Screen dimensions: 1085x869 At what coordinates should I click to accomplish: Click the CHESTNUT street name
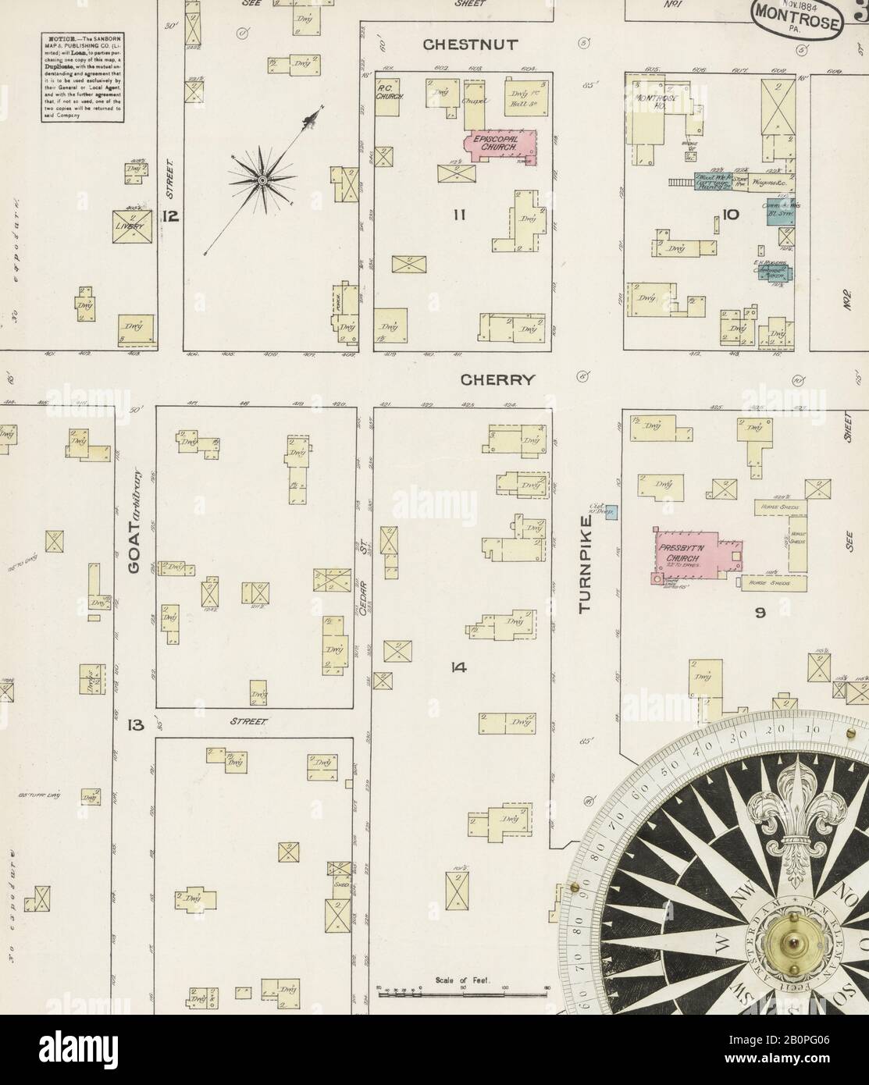click(x=469, y=45)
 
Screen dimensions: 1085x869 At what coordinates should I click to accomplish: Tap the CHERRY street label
click(x=497, y=380)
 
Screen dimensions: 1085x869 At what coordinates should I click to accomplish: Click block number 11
click(x=457, y=214)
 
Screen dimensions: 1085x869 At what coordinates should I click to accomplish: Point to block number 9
click(x=759, y=614)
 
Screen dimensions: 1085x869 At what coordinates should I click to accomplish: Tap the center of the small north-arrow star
click(x=262, y=180)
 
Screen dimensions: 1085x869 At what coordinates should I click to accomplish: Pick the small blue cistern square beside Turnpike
click(x=613, y=512)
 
